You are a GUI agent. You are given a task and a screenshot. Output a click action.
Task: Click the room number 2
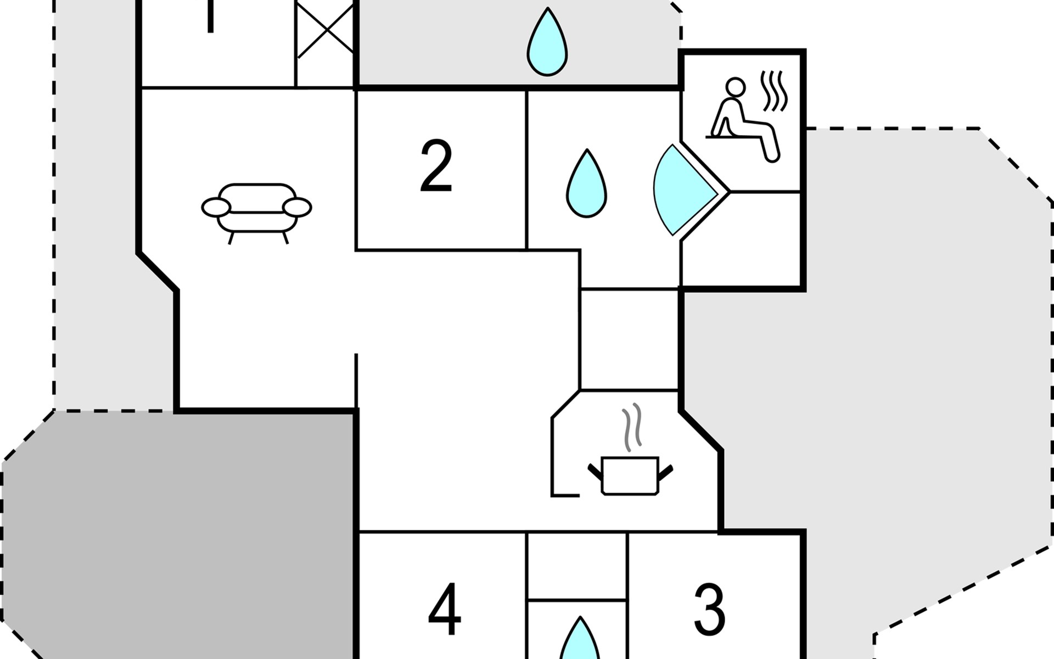point(436,166)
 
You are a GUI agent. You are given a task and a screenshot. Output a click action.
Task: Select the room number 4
point(444,609)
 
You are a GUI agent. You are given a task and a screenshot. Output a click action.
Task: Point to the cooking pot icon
point(630,476)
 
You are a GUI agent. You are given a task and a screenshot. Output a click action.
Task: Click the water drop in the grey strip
point(547,43)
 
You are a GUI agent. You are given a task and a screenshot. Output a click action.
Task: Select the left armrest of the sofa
point(216,208)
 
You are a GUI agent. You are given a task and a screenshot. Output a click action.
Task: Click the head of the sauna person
point(735,86)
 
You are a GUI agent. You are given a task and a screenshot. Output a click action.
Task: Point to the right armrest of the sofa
point(297,208)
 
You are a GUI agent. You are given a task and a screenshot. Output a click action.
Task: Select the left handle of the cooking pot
point(595,471)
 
